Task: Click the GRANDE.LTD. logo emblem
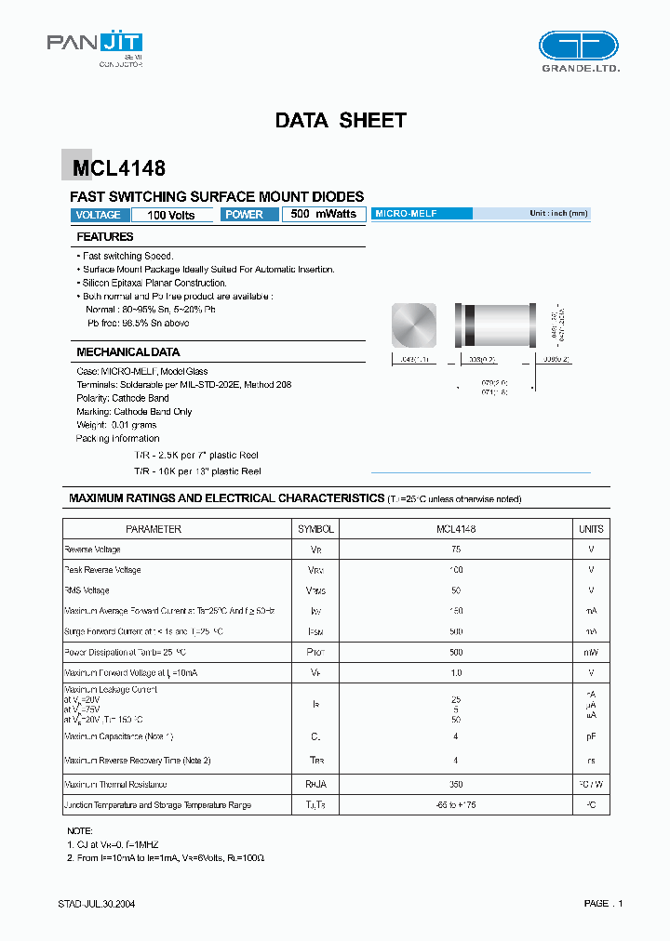[578, 46]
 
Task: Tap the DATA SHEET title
[341, 120]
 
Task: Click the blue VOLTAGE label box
[98, 215]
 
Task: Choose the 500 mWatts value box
[323, 214]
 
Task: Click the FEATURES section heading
[105, 237]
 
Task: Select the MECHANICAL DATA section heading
[127, 352]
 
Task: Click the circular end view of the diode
[414, 325]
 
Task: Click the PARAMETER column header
[154, 529]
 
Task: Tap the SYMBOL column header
[315, 529]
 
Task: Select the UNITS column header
[591, 529]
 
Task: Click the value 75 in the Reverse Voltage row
[456, 550]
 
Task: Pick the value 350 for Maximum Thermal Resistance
[456, 784]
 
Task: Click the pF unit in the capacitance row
[591, 736]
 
